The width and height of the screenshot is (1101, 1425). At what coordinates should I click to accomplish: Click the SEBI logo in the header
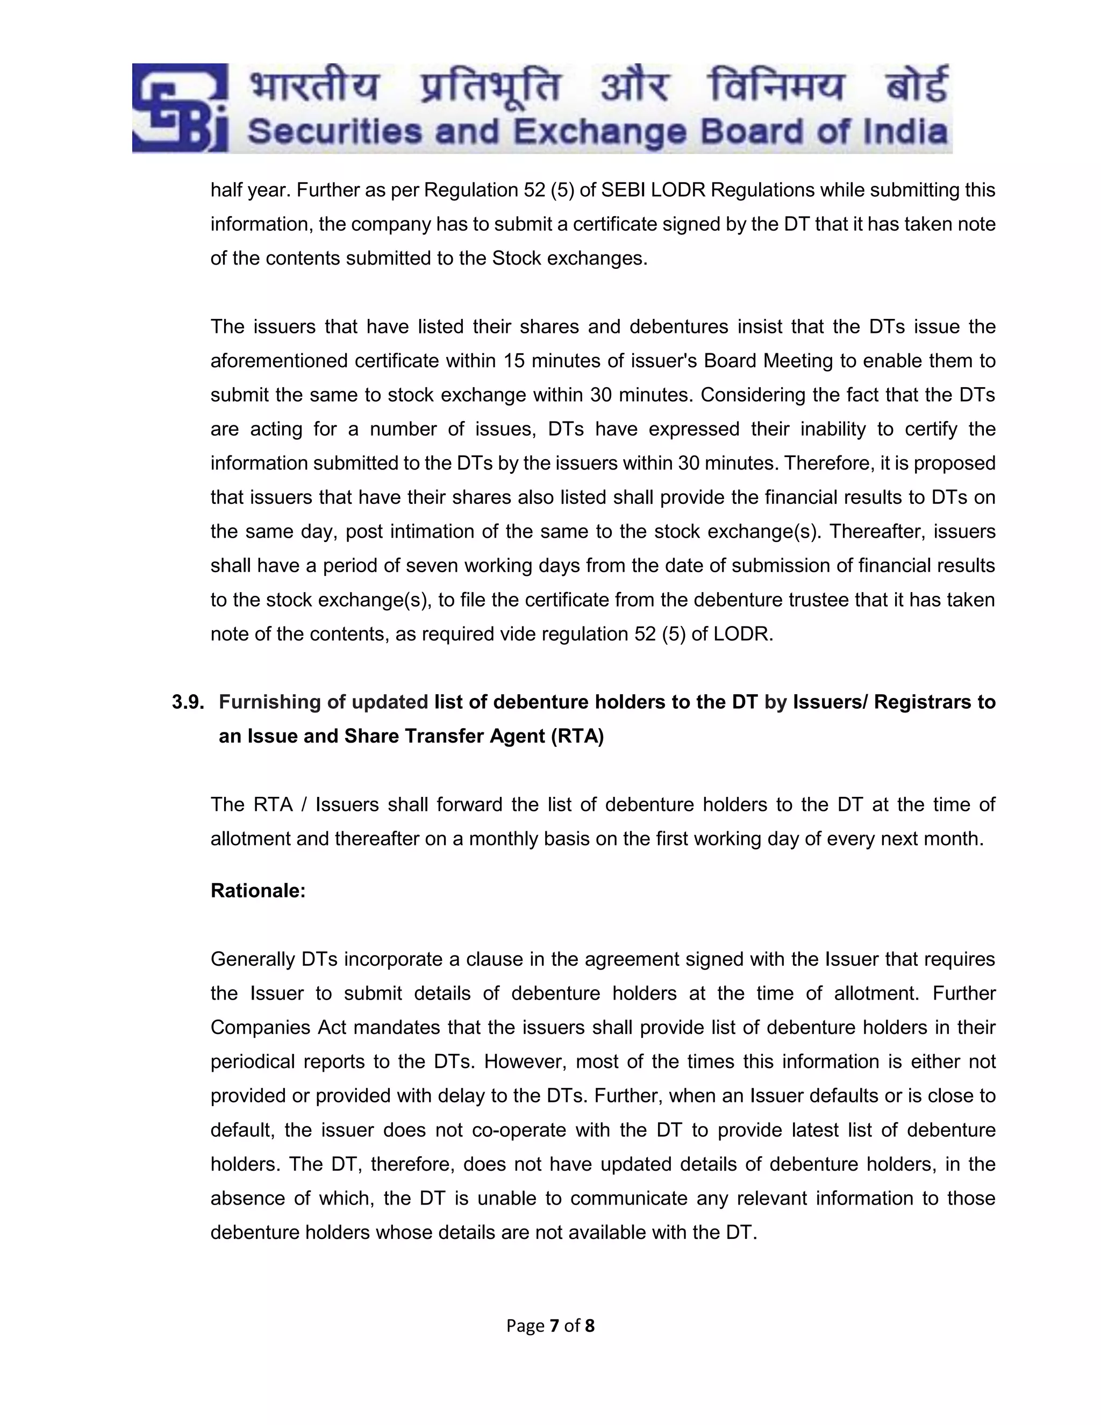(x=180, y=108)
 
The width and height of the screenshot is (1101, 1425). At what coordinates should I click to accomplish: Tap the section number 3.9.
(x=188, y=702)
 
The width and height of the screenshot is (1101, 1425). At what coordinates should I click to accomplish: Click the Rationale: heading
(x=258, y=890)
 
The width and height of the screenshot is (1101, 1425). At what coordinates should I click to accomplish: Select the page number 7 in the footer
(x=554, y=1326)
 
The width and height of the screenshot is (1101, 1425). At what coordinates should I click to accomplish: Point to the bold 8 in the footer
(x=590, y=1326)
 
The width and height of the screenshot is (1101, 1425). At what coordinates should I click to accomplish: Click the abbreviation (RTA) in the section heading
(x=577, y=736)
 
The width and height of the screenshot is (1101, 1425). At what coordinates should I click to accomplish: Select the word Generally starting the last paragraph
(x=253, y=959)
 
